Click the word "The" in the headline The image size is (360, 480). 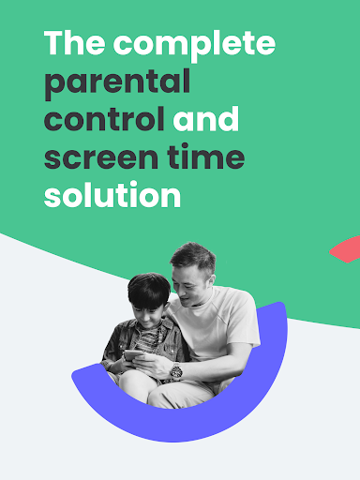[72, 43]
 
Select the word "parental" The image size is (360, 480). [117, 82]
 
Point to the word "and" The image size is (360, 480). [206, 119]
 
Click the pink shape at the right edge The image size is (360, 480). [346, 249]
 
